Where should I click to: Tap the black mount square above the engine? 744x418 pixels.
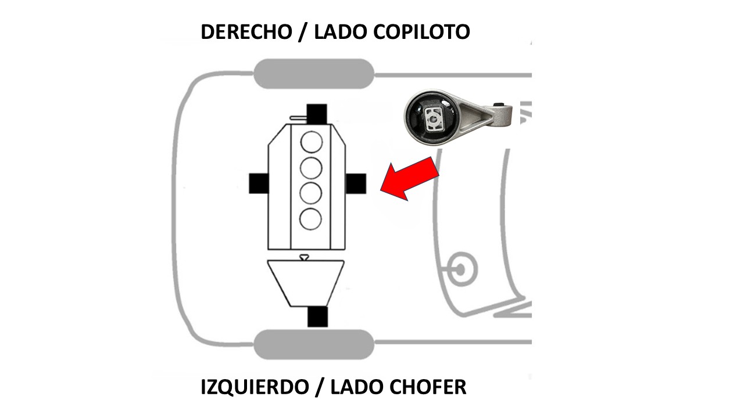[x=317, y=113]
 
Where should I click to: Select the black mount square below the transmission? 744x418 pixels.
[x=317, y=316]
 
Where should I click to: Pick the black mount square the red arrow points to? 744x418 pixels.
[x=355, y=183]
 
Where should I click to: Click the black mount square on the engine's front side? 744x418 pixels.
[x=259, y=183]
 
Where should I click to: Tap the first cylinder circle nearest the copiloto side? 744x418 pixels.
[x=312, y=142]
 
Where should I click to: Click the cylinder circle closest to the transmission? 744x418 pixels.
[x=312, y=218]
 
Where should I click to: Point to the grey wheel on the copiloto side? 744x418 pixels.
[x=313, y=74]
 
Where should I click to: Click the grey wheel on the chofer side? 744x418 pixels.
[x=313, y=344]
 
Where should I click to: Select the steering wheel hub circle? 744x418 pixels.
[x=460, y=269]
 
